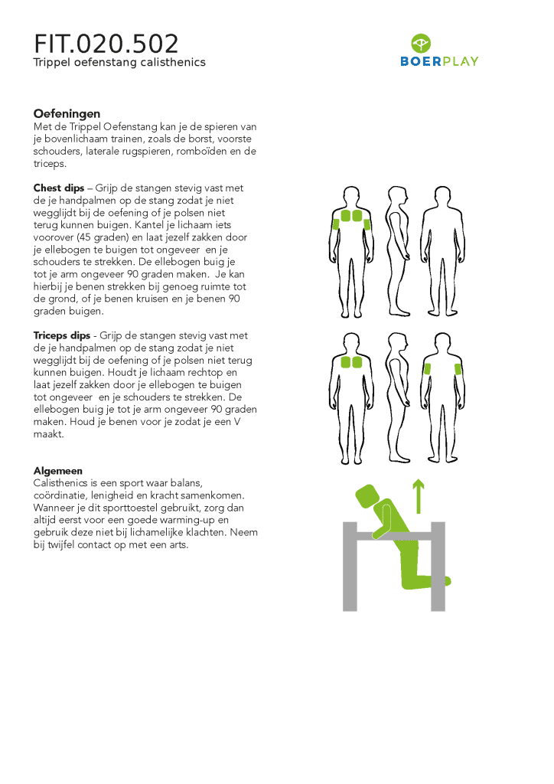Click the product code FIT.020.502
click(106, 44)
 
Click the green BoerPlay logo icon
click(421, 44)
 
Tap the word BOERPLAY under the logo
click(439, 61)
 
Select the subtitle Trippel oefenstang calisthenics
click(119, 63)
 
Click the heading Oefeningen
click(67, 114)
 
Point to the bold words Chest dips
click(59, 188)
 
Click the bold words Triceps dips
click(62, 335)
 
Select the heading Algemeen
click(58, 471)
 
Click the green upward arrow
click(419, 496)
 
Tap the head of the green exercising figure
click(367, 496)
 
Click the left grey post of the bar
click(350, 566)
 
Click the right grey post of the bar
click(438, 566)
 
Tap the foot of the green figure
click(445, 581)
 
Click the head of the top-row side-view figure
click(398, 195)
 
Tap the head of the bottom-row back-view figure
click(442, 342)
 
